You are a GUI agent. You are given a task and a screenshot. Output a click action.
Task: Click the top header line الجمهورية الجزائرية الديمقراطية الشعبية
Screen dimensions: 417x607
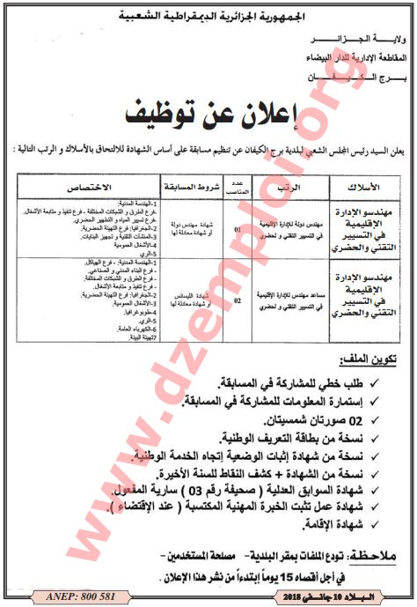coord(209,15)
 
